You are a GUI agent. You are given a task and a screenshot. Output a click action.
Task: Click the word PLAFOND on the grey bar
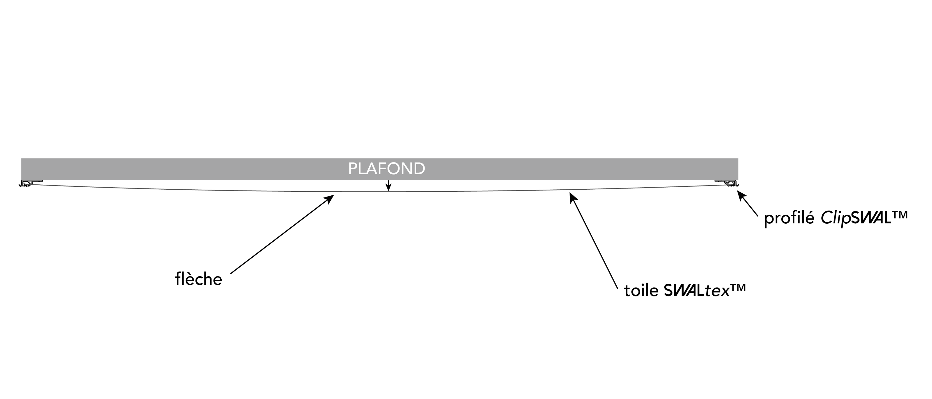pyautogui.click(x=386, y=169)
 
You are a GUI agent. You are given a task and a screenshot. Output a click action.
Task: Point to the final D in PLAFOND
pyautogui.click(x=420, y=169)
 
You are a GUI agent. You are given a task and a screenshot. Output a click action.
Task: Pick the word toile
pyautogui.click(x=641, y=290)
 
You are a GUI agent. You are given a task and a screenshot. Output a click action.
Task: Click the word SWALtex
pyautogui.click(x=696, y=290)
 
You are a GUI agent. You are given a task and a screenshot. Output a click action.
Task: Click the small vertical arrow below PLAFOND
pyautogui.click(x=388, y=185)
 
